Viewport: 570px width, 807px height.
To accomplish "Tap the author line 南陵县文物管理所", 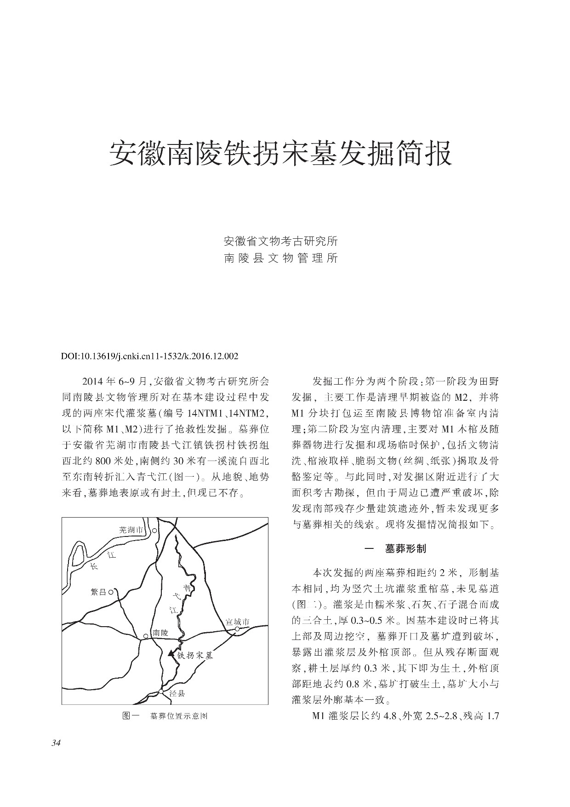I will click(280, 258).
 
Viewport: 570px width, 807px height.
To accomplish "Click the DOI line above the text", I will click(150, 356).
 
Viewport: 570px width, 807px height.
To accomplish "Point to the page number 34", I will click(56, 743).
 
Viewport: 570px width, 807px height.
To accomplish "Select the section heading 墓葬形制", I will click(405, 549).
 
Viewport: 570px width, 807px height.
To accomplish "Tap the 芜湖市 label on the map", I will click(131, 530).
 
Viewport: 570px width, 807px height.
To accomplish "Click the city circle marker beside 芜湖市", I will click(155, 530).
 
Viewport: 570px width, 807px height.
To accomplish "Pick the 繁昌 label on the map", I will click(99, 592).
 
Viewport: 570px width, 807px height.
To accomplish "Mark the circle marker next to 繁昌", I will click(111, 592).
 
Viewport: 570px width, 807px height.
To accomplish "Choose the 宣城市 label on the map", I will click(237, 622).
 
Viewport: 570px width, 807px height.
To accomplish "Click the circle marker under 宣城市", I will click(237, 629).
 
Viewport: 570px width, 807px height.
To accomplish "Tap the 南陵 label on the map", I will click(161, 633).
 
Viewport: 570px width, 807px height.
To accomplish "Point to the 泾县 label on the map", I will click(177, 694).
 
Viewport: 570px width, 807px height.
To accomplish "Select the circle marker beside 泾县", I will click(161, 692).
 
